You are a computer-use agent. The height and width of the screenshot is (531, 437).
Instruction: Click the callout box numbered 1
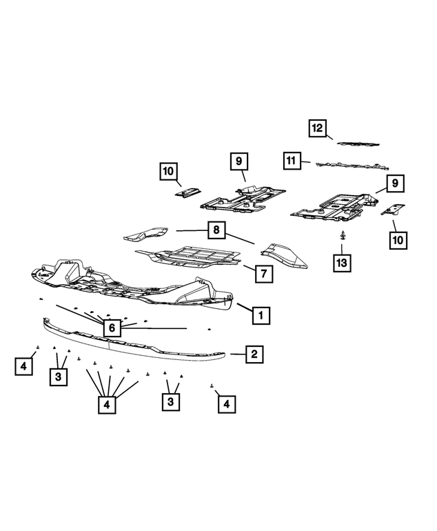coord(261,315)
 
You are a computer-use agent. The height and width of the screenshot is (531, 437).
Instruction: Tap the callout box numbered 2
coord(254,354)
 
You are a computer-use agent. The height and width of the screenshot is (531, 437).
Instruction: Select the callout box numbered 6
coord(112,328)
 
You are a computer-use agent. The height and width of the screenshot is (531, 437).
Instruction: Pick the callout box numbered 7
coord(264,273)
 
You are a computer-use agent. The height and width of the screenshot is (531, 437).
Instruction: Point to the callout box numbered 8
coord(216,230)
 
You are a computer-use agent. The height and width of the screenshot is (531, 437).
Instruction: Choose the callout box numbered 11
coord(292,161)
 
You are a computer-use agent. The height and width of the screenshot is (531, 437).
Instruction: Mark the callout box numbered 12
coord(318,128)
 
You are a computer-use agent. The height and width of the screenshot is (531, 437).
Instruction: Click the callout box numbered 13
coord(342,263)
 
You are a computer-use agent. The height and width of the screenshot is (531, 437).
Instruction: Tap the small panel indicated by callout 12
coord(358,144)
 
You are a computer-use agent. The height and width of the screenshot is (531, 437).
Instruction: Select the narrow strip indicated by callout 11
coord(352,166)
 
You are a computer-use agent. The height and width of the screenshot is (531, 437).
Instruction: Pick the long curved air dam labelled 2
coord(134,341)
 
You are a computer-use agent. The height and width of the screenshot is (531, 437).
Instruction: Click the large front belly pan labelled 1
coord(132,284)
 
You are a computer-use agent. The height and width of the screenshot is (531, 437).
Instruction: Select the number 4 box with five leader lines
coord(107,404)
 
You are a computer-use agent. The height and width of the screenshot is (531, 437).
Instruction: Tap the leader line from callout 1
coord(245,307)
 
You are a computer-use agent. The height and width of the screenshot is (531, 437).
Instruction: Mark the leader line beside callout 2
coord(238,354)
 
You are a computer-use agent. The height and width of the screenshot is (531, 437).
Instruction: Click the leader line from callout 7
coord(249,268)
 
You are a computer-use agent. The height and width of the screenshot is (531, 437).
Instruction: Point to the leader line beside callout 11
coord(305,162)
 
